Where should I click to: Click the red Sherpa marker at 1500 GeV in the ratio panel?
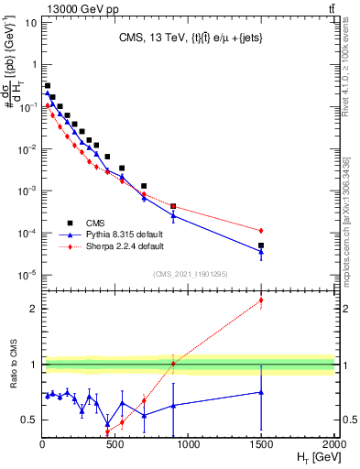click(x=261, y=300)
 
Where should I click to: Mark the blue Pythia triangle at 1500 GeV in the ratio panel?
click(x=261, y=392)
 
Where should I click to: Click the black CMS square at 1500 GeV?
click(x=261, y=245)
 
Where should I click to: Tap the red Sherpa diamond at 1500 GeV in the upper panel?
click(x=261, y=230)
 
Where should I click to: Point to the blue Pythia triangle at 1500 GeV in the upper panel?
click(x=261, y=252)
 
